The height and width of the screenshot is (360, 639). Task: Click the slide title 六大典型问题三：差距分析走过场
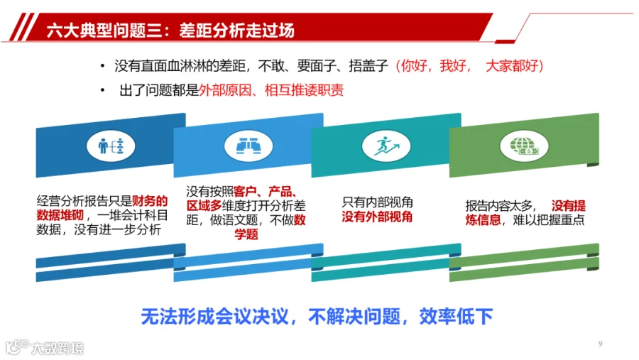(x=170, y=31)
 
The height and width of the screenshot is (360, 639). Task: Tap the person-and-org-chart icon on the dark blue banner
(x=111, y=146)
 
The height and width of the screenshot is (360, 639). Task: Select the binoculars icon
(x=248, y=146)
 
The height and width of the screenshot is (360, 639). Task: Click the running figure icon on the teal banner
(x=386, y=146)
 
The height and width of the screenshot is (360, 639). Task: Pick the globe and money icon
(x=524, y=146)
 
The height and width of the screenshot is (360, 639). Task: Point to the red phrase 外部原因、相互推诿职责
(x=271, y=90)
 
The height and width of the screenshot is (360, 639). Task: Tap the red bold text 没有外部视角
(x=377, y=217)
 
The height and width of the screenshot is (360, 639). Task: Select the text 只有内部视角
(x=377, y=202)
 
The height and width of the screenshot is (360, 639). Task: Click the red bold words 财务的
(x=150, y=200)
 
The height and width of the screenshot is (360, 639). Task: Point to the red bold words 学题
(x=246, y=234)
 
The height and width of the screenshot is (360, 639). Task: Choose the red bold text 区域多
(x=204, y=205)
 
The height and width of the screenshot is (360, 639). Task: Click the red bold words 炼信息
(x=483, y=219)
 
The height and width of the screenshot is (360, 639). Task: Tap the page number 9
(x=600, y=344)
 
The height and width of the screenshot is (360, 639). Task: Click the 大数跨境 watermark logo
(x=45, y=347)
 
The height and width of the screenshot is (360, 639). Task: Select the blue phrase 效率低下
(x=456, y=317)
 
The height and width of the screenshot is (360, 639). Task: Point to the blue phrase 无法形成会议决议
(x=214, y=317)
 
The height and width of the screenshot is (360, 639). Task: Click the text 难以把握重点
(x=549, y=219)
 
